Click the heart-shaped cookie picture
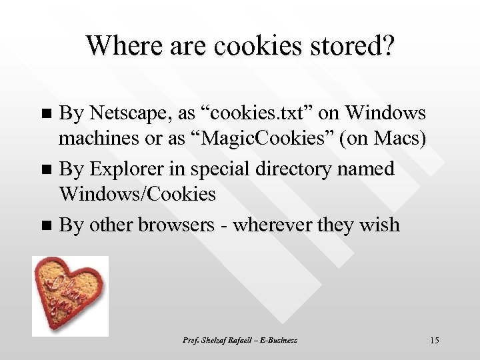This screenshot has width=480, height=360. click(70, 295)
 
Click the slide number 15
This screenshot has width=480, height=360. click(435, 341)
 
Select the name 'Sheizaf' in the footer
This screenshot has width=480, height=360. click(215, 341)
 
